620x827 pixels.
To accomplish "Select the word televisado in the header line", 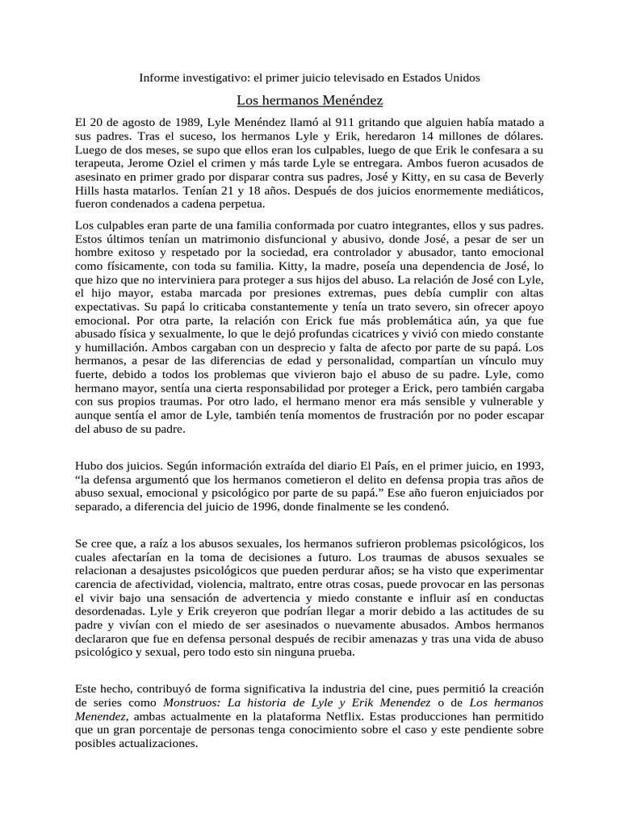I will coord(356,78).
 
